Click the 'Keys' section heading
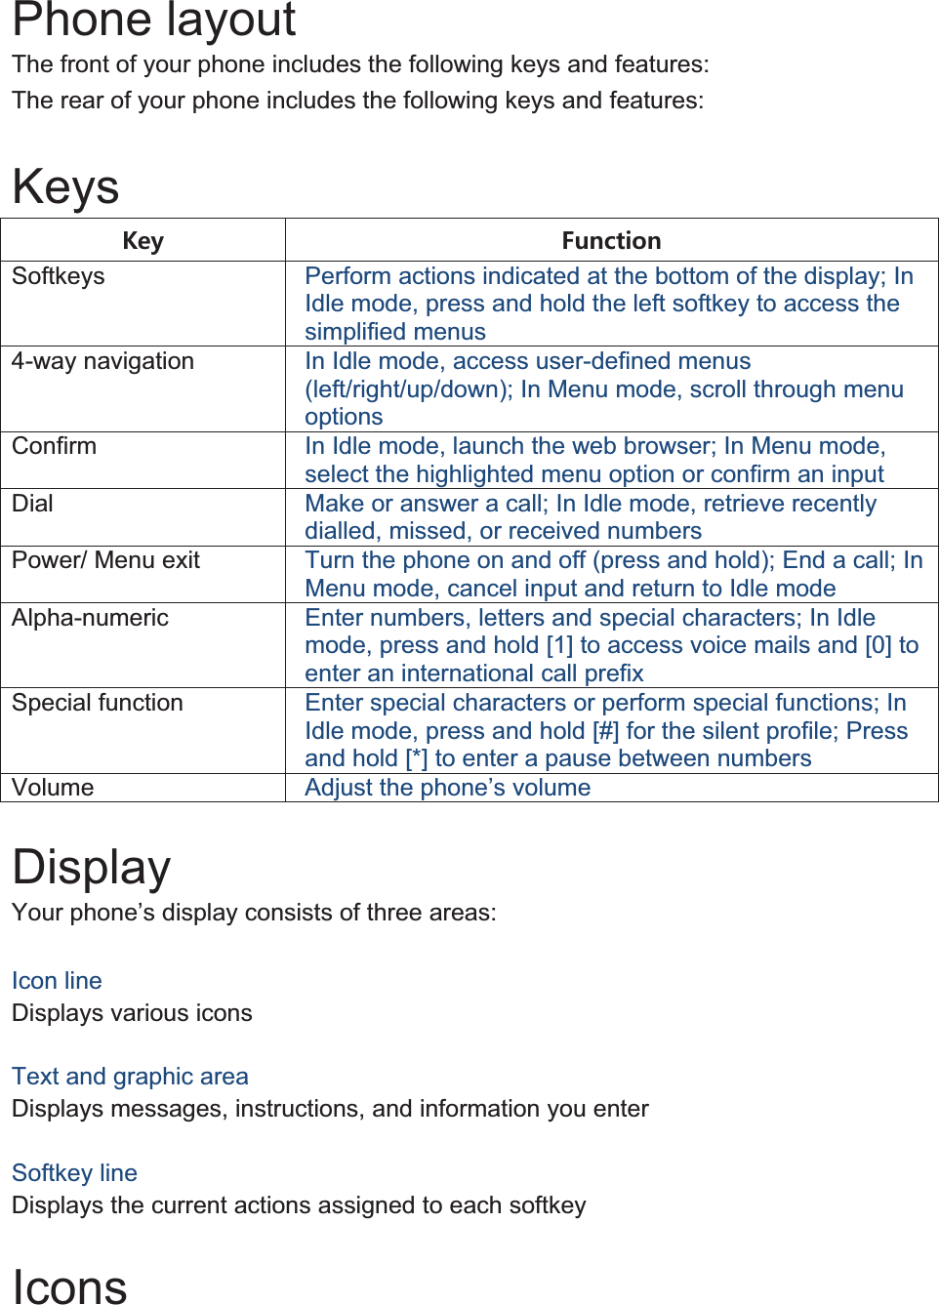(65, 186)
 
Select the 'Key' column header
(143, 241)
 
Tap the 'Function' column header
(611, 241)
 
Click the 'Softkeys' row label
(59, 276)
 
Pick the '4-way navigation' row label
(102, 361)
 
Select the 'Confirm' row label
(55, 446)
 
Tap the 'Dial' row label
(33, 504)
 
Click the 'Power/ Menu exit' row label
(105, 560)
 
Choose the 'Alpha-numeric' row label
(90, 618)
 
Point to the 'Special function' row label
(98, 703)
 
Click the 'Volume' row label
(53, 788)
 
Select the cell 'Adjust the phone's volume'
(447, 788)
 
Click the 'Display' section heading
(92, 867)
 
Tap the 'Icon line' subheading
(57, 981)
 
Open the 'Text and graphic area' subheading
(130, 1077)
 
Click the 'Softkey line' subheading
(74, 1173)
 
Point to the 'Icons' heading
(69, 1286)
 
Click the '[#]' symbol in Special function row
(605, 731)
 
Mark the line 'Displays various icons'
(132, 1013)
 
